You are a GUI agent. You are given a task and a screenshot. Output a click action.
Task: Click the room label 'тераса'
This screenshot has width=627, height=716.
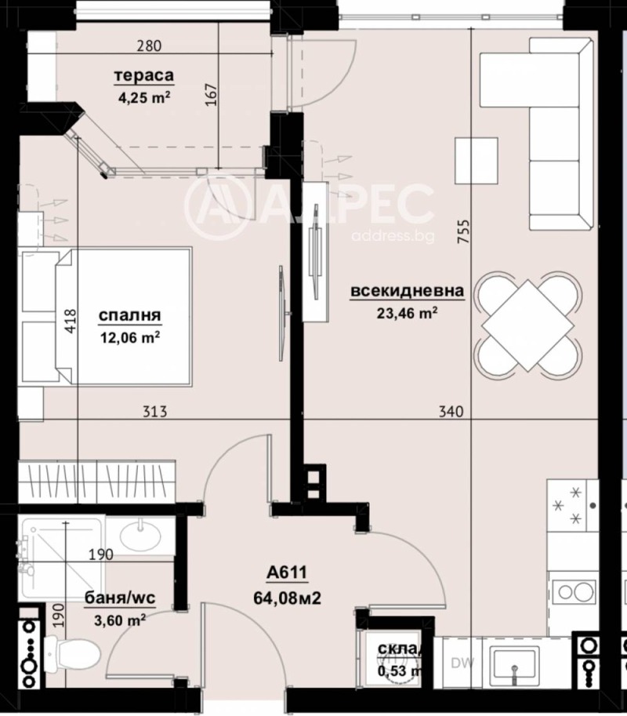click(x=143, y=76)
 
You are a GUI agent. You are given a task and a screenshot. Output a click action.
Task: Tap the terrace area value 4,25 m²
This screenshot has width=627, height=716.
click(x=143, y=97)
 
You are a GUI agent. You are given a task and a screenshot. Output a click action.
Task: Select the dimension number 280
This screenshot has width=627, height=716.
click(x=149, y=45)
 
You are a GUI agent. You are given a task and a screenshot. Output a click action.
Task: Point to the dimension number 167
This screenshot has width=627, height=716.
click(x=209, y=95)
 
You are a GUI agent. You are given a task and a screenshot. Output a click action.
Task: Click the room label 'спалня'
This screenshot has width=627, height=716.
click(x=130, y=315)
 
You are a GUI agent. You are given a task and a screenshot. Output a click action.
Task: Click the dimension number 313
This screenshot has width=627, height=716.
click(x=155, y=411)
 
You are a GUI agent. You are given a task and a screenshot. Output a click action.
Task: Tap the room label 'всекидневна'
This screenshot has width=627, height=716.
click(x=408, y=291)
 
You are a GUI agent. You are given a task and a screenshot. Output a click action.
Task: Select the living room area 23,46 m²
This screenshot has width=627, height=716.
click(x=408, y=312)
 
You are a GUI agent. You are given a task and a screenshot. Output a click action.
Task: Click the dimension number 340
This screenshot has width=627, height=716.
click(x=452, y=411)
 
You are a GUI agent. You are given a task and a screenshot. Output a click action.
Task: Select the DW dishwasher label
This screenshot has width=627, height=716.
click(x=461, y=663)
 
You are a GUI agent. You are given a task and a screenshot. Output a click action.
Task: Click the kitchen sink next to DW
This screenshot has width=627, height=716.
click(x=514, y=663)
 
